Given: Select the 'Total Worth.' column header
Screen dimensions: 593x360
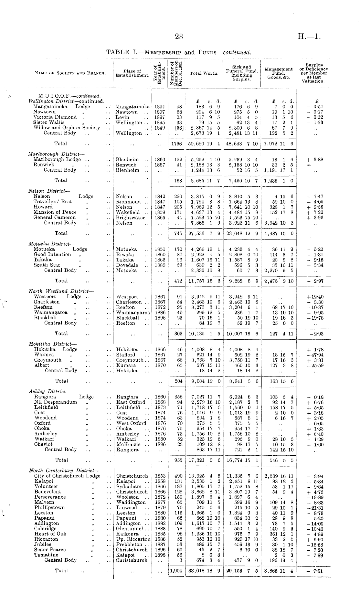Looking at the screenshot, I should tap(204, 73).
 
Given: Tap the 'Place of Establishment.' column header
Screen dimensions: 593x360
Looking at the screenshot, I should tap(132, 73).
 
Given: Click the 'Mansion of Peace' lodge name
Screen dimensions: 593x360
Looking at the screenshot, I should tap(55, 212).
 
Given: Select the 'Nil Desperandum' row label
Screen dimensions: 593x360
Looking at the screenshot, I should tap(56, 402).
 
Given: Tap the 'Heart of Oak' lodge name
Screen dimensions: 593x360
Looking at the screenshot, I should tap(50, 534).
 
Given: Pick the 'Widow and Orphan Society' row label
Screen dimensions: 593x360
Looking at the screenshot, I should tap(67, 128).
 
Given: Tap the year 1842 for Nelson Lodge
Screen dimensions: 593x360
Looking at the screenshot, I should tap(160, 196).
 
